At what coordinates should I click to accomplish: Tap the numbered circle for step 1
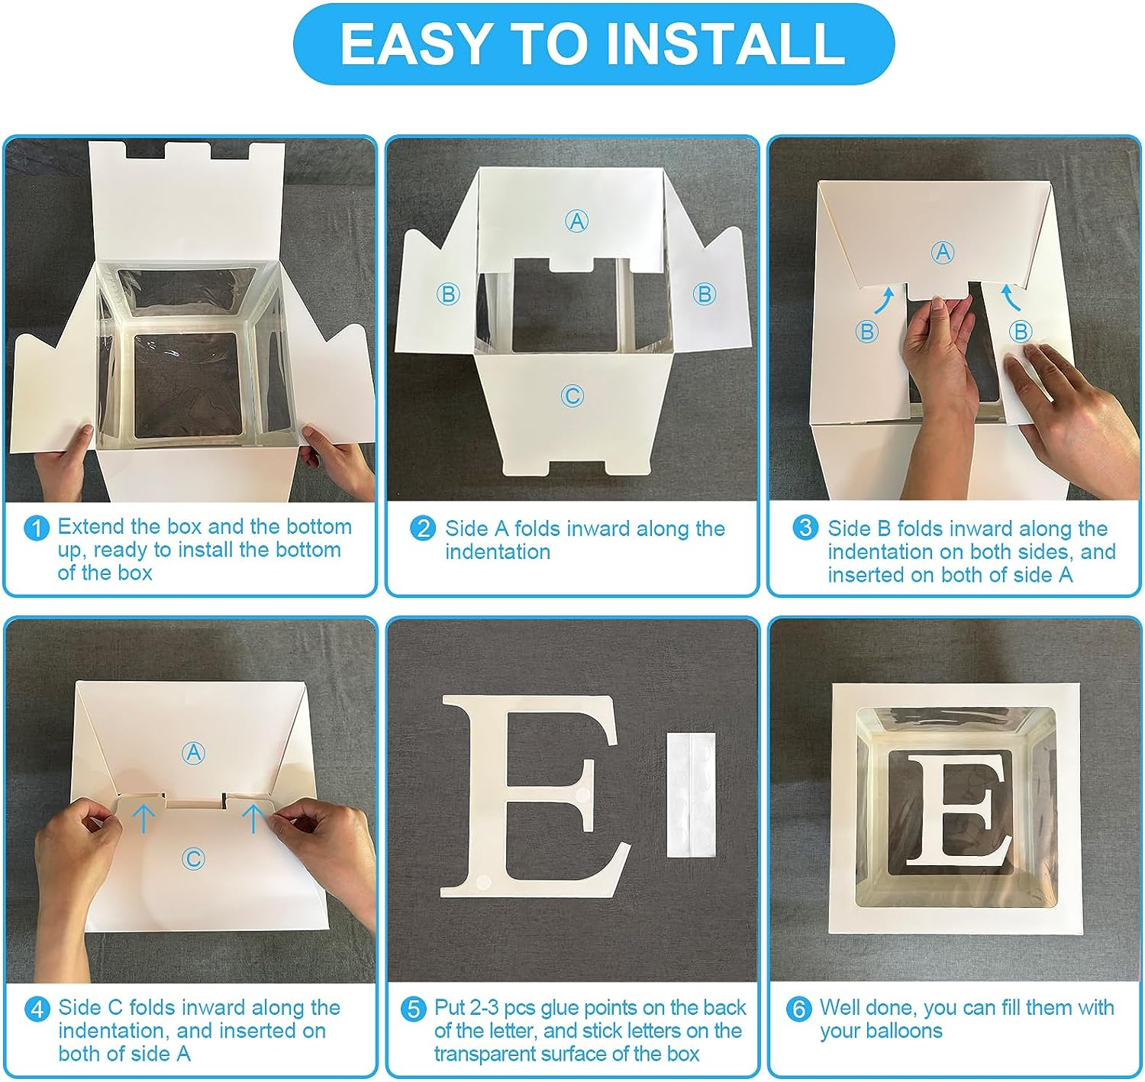click(37, 528)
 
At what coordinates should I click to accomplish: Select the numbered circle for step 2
click(423, 528)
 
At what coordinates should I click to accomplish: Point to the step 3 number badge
click(805, 527)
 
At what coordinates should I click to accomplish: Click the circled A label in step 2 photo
click(576, 221)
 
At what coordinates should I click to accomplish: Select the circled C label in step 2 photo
click(572, 396)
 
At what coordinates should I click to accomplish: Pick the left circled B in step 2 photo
click(448, 294)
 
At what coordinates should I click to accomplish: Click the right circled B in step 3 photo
click(1021, 331)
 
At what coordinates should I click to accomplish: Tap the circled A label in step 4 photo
click(194, 753)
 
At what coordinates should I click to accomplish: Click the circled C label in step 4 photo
click(193, 859)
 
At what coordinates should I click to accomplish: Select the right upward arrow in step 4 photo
click(253, 819)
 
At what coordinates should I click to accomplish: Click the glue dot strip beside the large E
click(692, 795)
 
